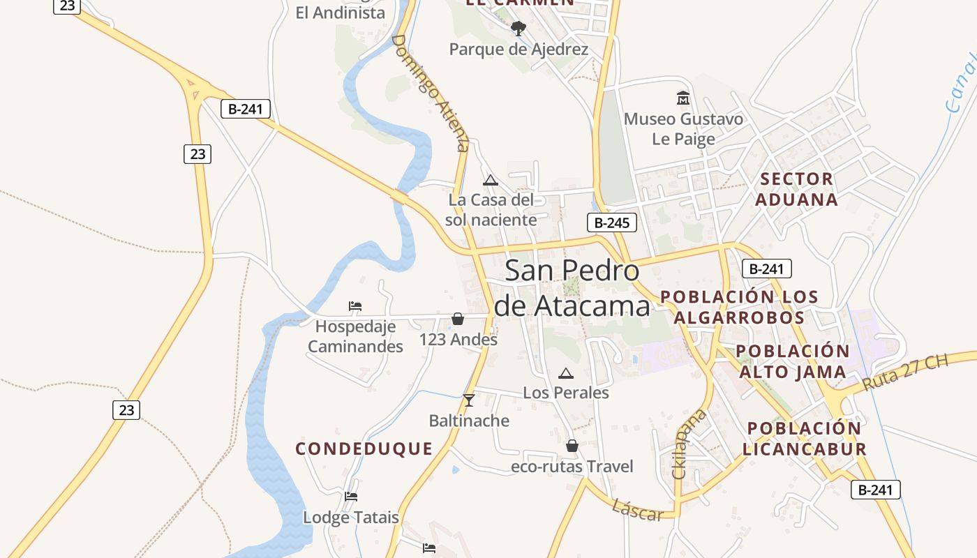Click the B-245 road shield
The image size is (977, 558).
[x=612, y=223]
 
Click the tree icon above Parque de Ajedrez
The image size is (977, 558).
[x=518, y=29]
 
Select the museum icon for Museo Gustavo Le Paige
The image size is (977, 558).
[x=683, y=98]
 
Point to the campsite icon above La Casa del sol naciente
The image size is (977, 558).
[x=491, y=180]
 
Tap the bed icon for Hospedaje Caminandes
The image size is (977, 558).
[x=355, y=306]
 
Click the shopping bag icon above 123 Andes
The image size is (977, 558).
[x=458, y=319]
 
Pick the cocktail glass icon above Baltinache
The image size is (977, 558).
[x=469, y=400]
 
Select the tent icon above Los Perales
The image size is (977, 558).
[x=566, y=373]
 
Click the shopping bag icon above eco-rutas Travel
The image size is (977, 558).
[x=572, y=446]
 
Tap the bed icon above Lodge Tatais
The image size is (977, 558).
[x=351, y=497]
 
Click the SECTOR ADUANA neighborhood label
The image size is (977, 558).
[x=796, y=189]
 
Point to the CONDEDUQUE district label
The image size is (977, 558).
[x=364, y=448]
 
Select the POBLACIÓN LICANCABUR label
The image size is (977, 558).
[x=805, y=439]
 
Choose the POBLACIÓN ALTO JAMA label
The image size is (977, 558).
[x=793, y=361]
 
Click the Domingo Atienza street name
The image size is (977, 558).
[x=431, y=93]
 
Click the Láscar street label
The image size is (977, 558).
[x=637, y=511]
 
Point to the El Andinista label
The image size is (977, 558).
[x=340, y=13]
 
